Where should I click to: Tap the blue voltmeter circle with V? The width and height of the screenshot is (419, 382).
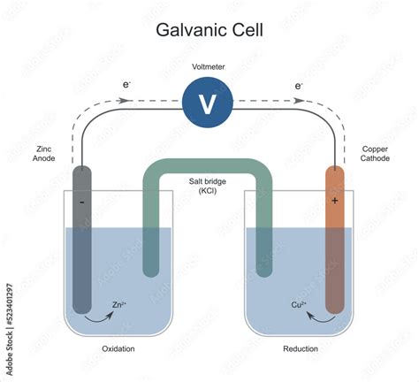pos(208,103)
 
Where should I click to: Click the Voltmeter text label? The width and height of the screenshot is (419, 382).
pos(208,67)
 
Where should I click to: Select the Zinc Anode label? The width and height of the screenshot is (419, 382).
pos(44,157)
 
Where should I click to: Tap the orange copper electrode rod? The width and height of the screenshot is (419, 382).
pos(335,256)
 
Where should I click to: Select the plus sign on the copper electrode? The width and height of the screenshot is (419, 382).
pos(335,201)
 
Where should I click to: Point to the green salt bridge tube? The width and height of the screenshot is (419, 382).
pos(208,167)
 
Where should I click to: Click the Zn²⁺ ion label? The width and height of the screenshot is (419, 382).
pos(119,306)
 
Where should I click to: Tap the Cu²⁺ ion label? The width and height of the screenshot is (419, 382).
pos(300,306)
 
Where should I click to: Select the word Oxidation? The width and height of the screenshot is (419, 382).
pos(118,348)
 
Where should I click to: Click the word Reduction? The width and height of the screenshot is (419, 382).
pos(301,348)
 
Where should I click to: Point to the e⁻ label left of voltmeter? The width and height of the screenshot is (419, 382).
pos(126,86)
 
